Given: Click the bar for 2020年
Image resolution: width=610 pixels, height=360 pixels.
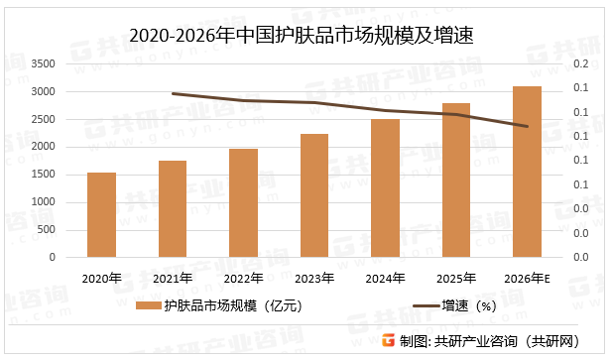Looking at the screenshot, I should (101, 215).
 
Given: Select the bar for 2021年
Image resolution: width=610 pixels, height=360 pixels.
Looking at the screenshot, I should (173, 209).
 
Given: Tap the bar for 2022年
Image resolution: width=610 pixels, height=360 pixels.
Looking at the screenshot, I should (243, 203).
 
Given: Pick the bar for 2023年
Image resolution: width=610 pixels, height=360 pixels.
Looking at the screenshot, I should (314, 195).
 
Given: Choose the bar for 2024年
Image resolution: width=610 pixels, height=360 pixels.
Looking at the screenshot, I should (385, 188).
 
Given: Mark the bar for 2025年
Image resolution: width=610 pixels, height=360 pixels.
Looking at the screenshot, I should (456, 180).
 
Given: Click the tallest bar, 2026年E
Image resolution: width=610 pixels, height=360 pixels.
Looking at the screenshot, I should (527, 172).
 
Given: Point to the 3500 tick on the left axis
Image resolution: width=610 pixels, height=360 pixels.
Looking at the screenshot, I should (43, 64).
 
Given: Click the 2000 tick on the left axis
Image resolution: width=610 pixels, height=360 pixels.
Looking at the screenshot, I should (43, 148).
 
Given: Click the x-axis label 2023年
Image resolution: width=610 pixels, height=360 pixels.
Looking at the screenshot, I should (314, 278).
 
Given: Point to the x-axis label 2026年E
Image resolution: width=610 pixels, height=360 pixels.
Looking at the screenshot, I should (527, 278).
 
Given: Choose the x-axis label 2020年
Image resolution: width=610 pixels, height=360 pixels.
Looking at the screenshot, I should (101, 278).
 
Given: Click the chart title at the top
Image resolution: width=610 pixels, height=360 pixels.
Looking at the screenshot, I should (305, 37).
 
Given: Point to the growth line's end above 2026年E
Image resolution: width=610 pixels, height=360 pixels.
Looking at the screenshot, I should (527, 126).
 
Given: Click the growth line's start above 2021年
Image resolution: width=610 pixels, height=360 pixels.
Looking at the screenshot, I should (173, 93).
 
